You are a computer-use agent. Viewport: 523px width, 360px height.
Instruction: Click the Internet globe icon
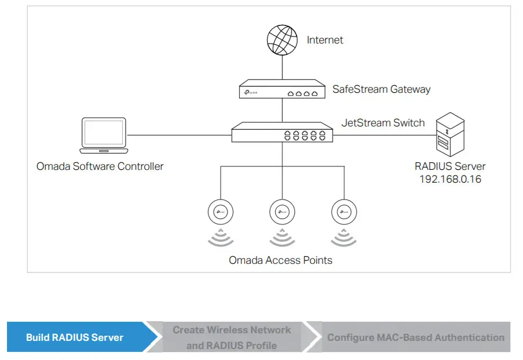point(282,40)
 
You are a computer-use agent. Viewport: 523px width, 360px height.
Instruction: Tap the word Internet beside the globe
point(325,40)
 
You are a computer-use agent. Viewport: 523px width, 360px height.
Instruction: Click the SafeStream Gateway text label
point(381,89)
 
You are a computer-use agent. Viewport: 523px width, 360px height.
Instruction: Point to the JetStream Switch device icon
point(282,134)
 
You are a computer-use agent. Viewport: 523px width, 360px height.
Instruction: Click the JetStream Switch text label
point(383,123)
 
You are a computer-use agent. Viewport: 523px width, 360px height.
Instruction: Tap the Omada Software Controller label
point(100,166)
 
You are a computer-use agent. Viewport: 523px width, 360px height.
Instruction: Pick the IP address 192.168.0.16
point(450,179)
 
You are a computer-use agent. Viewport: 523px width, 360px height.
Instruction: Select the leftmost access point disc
point(220,212)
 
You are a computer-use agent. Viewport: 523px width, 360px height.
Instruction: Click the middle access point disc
point(282,212)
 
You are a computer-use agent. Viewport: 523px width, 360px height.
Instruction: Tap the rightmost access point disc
point(344,212)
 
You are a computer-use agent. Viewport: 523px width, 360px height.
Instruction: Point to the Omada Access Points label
point(280,260)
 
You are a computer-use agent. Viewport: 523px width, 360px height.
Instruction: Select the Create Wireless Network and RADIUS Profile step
point(232,337)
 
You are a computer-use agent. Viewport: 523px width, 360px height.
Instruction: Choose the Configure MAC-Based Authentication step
point(415,337)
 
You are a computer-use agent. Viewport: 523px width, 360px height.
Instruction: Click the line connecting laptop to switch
point(180,135)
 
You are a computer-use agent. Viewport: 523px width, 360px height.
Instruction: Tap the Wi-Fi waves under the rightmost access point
point(344,238)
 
